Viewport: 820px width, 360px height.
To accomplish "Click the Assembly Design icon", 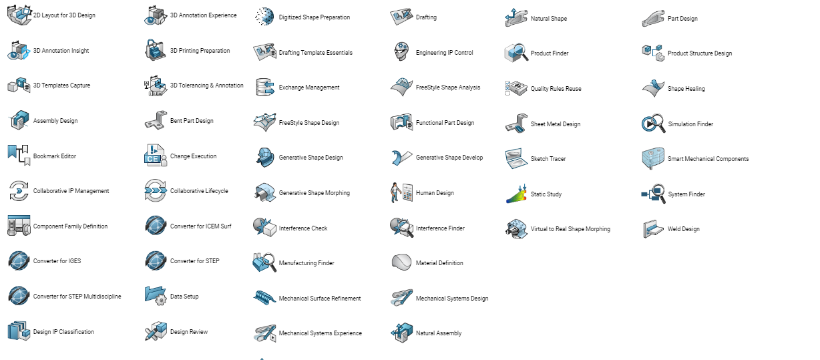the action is coord(19,120).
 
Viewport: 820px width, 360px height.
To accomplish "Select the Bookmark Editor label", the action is coord(55,156).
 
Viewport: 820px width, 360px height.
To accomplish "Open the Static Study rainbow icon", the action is coord(516,194).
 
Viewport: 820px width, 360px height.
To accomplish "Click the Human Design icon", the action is coord(401,192).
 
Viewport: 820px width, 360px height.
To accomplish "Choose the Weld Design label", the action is coord(684,229).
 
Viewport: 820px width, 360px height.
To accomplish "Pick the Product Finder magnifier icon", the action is coord(516,53).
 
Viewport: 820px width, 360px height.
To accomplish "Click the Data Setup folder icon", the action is coord(156,296).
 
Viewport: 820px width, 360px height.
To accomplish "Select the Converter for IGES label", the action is coord(57,260).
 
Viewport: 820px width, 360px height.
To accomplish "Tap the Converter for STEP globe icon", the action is coord(156,260).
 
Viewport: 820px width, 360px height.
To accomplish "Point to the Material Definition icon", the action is coord(401,262).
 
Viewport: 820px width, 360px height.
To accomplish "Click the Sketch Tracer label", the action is coord(548,158).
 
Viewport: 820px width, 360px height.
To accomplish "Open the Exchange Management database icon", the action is coord(265,87).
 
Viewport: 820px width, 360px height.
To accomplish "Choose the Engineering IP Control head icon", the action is coord(401,51).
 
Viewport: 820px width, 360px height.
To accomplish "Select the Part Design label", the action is coord(682,18).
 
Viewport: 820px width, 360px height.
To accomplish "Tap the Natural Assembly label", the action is coord(439,333).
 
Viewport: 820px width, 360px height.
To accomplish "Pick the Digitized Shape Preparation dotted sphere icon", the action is coord(264,17).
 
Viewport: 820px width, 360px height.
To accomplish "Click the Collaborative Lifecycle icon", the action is coord(156,190).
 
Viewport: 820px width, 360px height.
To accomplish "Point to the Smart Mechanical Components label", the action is coord(708,158).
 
